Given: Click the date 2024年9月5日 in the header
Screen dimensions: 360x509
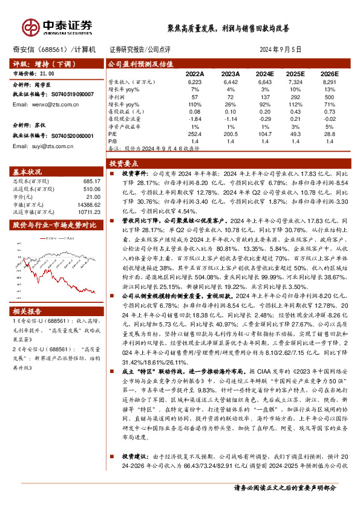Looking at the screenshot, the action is pyautogui.click(x=280, y=49).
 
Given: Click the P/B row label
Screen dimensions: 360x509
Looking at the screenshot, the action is pyautogui.click(x=112, y=141).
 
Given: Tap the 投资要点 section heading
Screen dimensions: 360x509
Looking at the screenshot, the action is pyautogui.click(x=123, y=163).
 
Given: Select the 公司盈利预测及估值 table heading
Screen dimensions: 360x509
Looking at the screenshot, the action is pyautogui.click(x=140, y=63).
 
